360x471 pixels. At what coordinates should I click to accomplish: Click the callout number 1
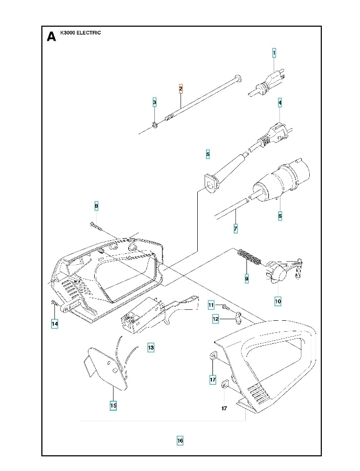pos(274,53)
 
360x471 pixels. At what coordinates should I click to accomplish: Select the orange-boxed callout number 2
pos(181,88)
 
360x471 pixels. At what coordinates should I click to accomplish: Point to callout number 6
pos(280,215)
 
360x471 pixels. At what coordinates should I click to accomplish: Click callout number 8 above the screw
pos(96,207)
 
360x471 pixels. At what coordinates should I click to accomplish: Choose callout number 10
pos(278,301)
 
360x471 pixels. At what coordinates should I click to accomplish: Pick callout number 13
pos(151,347)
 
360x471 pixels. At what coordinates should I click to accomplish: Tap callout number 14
pos(54,324)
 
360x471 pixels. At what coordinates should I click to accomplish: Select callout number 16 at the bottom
pos(180,441)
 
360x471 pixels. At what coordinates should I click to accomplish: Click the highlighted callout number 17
pos(213,379)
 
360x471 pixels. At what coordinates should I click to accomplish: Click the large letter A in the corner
pos(51,36)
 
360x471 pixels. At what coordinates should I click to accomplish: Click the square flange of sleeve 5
pos(210,186)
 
